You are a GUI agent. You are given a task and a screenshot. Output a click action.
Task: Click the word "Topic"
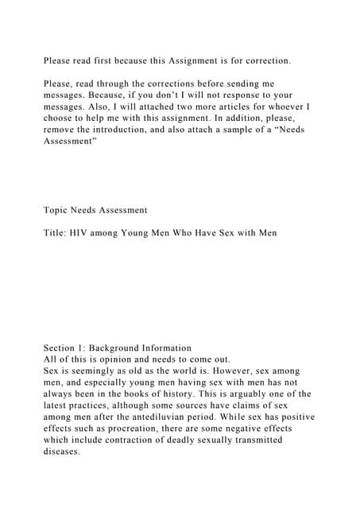click(x=57, y=210)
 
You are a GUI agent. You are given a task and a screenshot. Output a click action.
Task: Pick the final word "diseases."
click(x=63, y=449)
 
